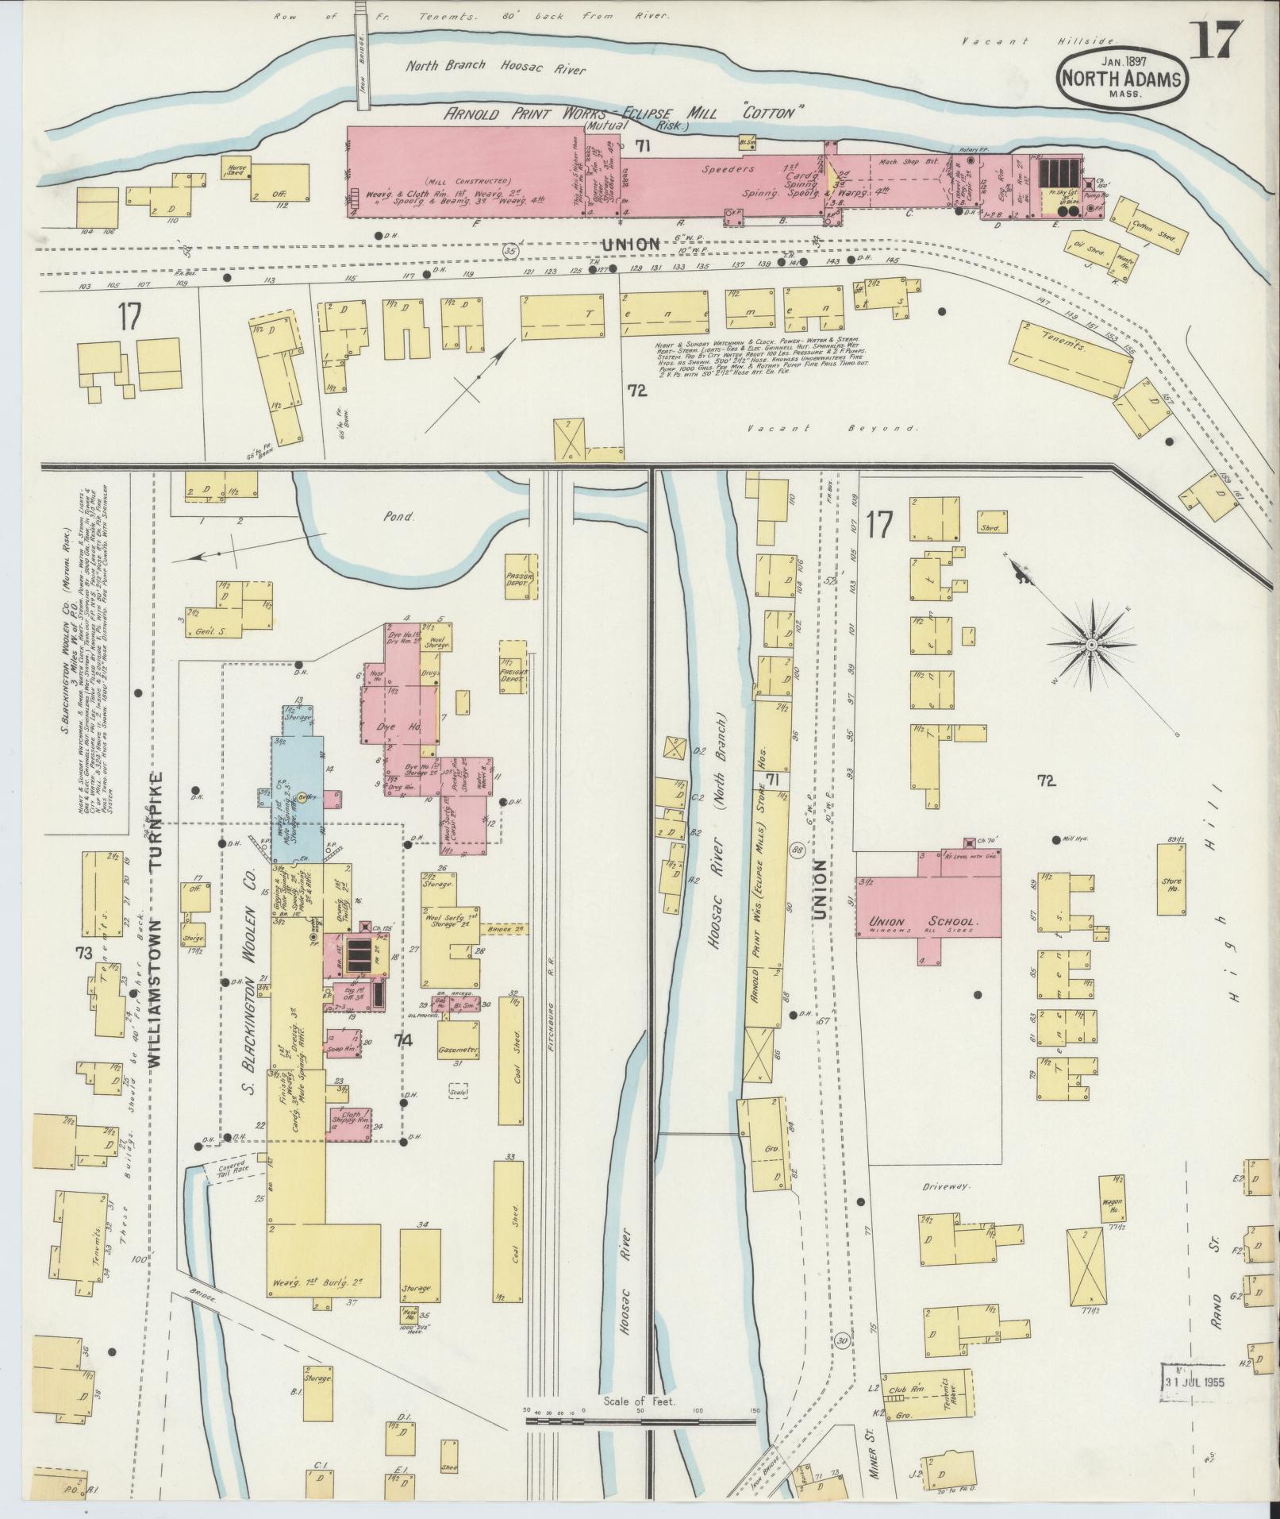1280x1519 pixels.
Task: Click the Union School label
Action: click(925, 923)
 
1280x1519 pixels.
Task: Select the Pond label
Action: click(399, 516)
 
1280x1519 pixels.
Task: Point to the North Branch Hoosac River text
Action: click(495, 69)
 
